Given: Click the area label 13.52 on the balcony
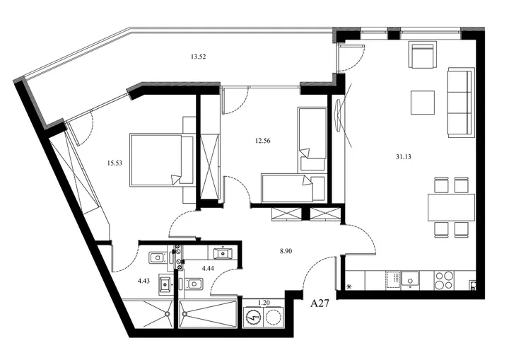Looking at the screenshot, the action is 199,57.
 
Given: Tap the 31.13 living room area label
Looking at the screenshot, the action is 404,157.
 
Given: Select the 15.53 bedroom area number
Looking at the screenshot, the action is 115,163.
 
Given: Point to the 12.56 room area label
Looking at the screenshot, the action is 262,141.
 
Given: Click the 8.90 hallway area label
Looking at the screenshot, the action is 286,251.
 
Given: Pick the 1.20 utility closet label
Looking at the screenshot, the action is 264,303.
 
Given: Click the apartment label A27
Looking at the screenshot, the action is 320,303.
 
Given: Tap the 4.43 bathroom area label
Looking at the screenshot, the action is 144,281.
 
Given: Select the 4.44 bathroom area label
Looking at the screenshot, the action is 208,268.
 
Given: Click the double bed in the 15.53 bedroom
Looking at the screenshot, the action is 162,160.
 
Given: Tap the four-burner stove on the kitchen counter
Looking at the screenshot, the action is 444,280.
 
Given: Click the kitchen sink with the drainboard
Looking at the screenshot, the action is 402,279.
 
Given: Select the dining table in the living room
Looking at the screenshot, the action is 451,207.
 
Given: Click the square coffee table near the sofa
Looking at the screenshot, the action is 423,103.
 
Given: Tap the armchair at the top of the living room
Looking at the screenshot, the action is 422,55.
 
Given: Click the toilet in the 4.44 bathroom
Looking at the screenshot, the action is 194,284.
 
